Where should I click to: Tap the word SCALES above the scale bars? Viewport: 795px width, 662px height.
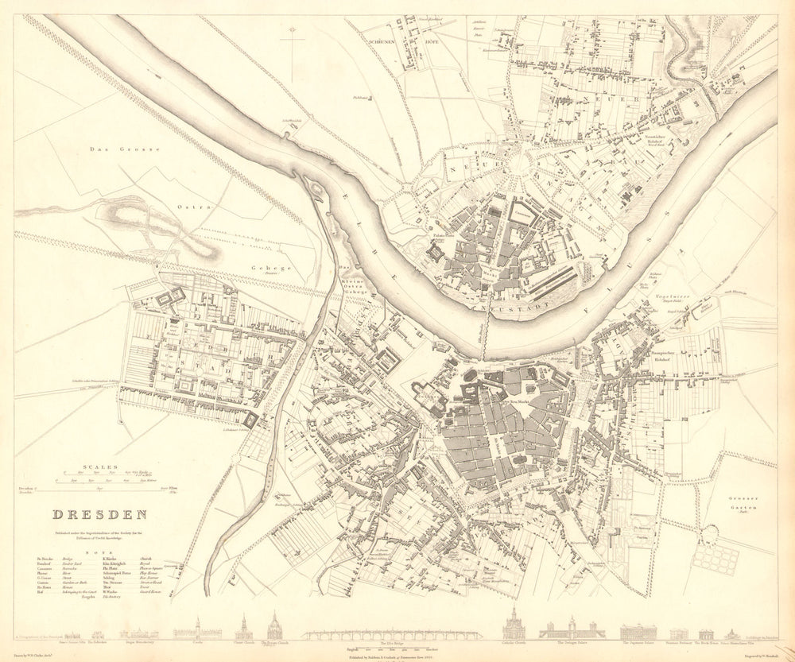pos(105,467)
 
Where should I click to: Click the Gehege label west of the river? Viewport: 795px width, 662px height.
pos(272,269)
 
